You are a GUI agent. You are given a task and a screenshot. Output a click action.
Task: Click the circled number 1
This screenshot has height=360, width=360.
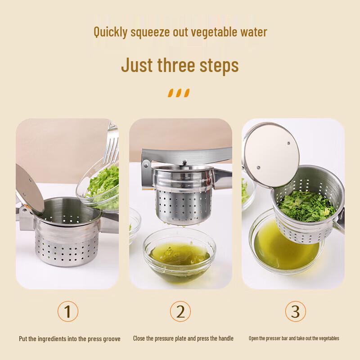(x=68, y=311)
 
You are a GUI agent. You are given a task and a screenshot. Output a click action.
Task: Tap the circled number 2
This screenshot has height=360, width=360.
(x=180, y=311)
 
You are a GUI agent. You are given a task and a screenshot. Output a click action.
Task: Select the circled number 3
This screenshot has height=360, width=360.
(x=296, y=311)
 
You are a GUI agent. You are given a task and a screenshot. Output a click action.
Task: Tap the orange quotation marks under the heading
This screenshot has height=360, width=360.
(x=179, y=93)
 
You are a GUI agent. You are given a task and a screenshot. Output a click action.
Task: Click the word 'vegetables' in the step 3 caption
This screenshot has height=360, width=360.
(x=327, y=338)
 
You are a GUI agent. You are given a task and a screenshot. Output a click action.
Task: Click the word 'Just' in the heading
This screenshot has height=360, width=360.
(x=137, y=65)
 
